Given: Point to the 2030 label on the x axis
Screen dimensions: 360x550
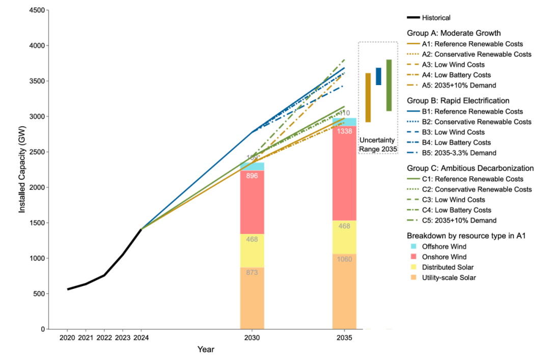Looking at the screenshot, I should click(252, 338).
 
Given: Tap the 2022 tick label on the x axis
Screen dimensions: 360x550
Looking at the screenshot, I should click(104, 338).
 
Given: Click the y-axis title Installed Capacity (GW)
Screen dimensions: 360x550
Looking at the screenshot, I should click(22, 170).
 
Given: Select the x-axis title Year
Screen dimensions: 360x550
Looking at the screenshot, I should click(206, 350).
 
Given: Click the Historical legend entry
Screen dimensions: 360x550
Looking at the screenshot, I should click(436, 18).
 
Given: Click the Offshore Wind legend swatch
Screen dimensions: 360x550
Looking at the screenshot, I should click(414, 246).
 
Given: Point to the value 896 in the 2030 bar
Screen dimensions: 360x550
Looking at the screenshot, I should click(252, 176).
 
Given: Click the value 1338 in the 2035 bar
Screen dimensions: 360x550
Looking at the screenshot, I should click(344, 131).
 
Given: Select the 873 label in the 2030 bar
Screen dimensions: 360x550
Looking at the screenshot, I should click(252, 273).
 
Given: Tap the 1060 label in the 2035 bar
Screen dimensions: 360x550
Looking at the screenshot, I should click(344, 259).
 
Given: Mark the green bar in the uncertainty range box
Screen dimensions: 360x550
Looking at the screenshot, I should click(389, 85).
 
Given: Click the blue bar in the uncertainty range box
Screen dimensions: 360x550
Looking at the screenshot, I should click(378, 76).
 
